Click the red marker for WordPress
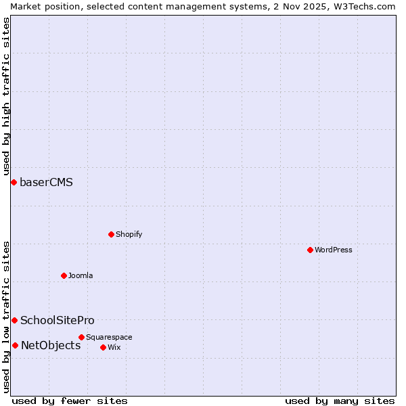pyautogui.click(x=311, y=250)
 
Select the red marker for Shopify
pyautogui.click(x=112, y=234)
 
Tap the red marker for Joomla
pyautogui.click(x=64, y=275)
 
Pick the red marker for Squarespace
pyautogui.click(x=82, y=337)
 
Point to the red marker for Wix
pyautogui.click(x=104, y=347)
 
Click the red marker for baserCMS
pyautogui.click(x=14, y=182)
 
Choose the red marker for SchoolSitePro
pyautogui.click(x=14, y=320)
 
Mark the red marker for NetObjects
pyautogui.click(x=15, y=345)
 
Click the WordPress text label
pyautogui.click(x=334, y=250)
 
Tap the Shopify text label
pyautogui.click(x=129, y=234)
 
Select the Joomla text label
pyautogui.click(x=81, y=275)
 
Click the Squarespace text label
pyautogui.click(x=109, y=337)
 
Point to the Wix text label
pyautogui.click(x=114, y=347)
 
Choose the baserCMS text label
pyautogui.click(x=46, y=182)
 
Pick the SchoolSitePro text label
pyautogui.click(x=58, y=320)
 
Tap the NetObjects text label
pyautogui.click(x=51, y=345)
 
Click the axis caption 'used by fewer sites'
pyautogui.click(x=70, y=401)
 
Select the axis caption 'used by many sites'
pyautogui.click(x=340, y=401)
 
